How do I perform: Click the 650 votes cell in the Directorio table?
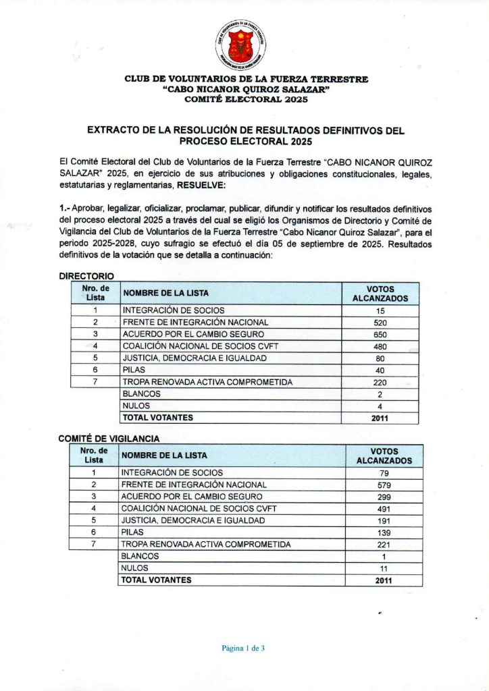tap(380, 334)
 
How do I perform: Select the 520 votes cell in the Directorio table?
tap(380, 323)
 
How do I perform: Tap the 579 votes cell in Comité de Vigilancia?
tap(384, 485)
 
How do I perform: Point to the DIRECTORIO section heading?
tap(86, 276)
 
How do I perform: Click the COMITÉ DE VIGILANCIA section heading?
tap(109, 439)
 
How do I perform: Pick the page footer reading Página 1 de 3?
tap(243, 648)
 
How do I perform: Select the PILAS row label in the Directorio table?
tap(134, 370)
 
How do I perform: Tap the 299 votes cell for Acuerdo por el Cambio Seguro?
tap(384, 497)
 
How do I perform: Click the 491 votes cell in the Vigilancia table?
tap(384, 509)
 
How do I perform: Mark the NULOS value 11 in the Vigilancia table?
tap(384, 568)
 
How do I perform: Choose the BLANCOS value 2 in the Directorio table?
tap(380, 394)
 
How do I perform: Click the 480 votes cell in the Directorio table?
tap(380, 346)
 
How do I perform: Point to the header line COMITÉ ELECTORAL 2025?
tap(246, 99)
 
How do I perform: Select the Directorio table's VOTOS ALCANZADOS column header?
tap(380, 293)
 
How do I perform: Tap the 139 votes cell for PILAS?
tap(384, 532)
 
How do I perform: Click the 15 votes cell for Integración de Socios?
tap(380, 310)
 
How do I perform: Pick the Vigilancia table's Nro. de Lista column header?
tap(94, 455)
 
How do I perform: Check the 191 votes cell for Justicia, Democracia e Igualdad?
tap(384, 520)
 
